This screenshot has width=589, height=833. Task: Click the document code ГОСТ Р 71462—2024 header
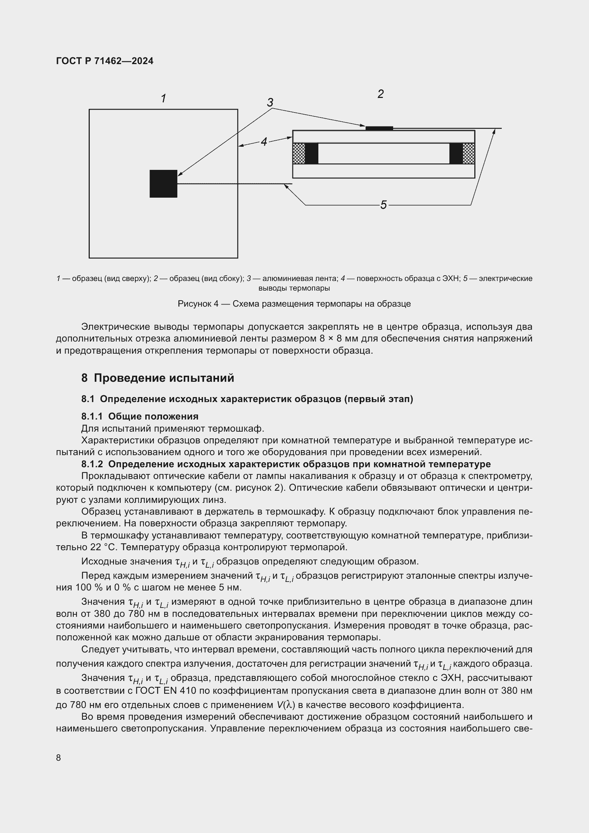pyautogui.click(x=105, y=61)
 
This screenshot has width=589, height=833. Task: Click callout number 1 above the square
pyautogui.click(x=163, y=98)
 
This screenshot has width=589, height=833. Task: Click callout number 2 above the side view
pyautogui.click(x=380, y=94)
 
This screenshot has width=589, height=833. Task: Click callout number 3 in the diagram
pyautogui.click(x=270, y=103)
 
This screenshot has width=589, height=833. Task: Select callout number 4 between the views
pyautogui.click(x=264, y=142)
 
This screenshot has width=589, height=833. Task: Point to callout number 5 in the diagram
pyautogui.click(x=384, y=205)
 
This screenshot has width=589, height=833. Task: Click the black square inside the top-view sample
pyautogui.click(x=163, y=183)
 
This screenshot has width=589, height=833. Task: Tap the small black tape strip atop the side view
pyautogui.click(x=379, y=128)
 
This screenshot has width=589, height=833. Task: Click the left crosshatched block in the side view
pyautogui.click(x=298, y=153)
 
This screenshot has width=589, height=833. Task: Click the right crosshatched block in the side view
pyautogui.click(x=469, y=153)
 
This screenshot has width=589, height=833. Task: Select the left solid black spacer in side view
pyautogui.click(x=312, y=153)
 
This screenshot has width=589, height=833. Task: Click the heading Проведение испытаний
pyautogui.click(x=164, y=378)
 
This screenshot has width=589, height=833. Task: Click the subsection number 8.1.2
pyautogui.click(x=92, y=464)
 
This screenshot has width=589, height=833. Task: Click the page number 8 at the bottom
pyautogui.click(x=58, y=758)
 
